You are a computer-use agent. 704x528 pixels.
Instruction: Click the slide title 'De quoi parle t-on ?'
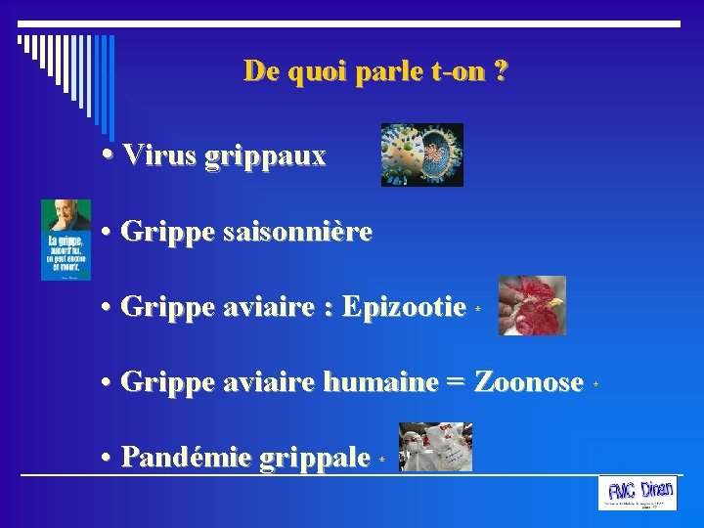[x=375, y=71]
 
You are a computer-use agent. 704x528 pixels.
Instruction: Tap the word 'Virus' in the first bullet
[x=160, y=154]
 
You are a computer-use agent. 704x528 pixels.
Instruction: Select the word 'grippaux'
[x=265, y=156]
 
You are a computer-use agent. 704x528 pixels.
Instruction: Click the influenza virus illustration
[x=421, y=154]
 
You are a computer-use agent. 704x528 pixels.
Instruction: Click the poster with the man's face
[x=66, y=240]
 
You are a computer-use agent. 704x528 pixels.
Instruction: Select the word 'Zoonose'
[x=528, y=382]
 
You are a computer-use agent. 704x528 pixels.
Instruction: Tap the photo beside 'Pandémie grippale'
[x=436, y=447]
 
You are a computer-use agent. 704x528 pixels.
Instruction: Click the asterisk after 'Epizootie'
[x=478, y=309]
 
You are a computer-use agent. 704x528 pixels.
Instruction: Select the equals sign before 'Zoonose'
[x=455, y=383]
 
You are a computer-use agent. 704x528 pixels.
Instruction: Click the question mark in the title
[x=501, y=71]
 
